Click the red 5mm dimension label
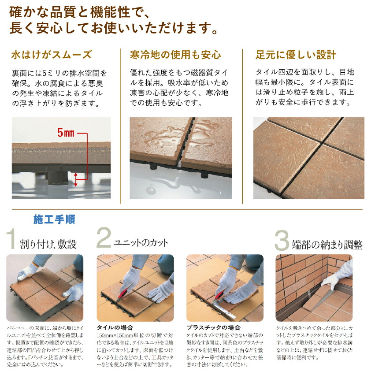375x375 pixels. click(66, 133)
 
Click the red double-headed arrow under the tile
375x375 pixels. click(76, 180)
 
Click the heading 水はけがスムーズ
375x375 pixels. click(52, 55)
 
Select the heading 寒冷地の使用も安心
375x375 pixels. click(175, 55)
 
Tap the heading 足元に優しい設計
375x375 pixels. click(296, 55)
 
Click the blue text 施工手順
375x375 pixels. click(54, 219)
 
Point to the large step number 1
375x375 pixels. click(11, 239)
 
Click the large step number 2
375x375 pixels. click(104, 238)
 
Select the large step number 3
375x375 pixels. click(282, 240)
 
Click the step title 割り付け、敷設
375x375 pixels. click(48, 244)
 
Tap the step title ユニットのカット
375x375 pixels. click(141, 243)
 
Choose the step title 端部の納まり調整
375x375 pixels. click(327, 245)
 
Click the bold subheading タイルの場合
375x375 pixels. click(115, 327)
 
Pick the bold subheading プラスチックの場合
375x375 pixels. click(213, 327)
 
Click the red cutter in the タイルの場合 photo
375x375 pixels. click(123, 295)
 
